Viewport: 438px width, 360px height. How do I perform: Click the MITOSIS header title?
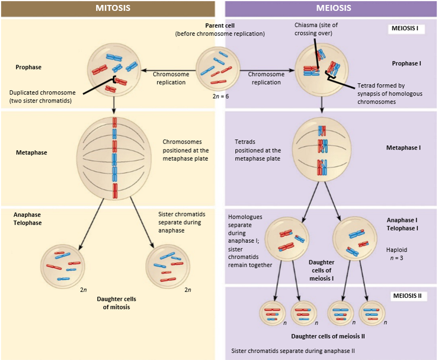[113, 8]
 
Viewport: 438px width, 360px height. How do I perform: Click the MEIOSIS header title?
[333, 8]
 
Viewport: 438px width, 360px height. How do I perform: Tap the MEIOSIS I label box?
[406, 29]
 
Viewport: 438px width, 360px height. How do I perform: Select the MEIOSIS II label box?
[409, 296]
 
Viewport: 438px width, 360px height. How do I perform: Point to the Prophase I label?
[406, 64]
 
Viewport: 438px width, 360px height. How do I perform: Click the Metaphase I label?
[403, 148]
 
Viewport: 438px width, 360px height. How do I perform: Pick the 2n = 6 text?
[221, 97]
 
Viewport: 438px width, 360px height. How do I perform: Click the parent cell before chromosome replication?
[218, 69]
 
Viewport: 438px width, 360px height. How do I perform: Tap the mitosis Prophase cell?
[114, 70]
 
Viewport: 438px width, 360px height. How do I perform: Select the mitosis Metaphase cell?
[114, 158]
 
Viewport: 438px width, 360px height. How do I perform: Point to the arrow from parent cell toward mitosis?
[168, 70]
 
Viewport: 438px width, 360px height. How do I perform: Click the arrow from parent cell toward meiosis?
[268, 70]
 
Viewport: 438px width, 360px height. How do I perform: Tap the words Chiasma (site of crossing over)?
[316, 29]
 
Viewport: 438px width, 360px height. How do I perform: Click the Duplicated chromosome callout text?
[43, 97]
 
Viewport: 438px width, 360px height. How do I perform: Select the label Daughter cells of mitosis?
[117, 303]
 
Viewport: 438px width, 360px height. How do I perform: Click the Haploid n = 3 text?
[396, 254]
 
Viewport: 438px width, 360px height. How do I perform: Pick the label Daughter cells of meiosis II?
[328, 336]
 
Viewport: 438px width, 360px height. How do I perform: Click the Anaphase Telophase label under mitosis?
[28, 219]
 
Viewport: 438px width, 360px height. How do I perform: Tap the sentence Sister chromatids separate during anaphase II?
[293, 351]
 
